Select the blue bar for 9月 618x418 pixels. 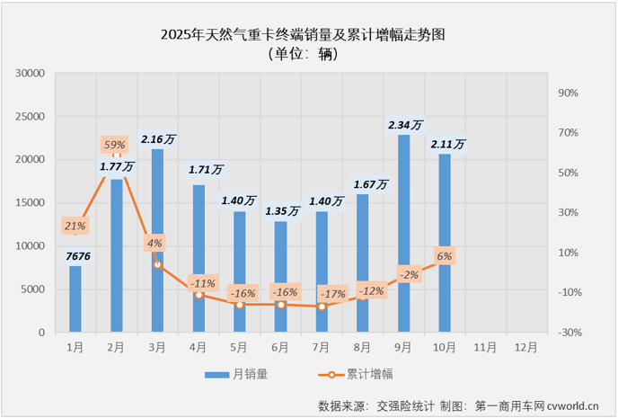[404, 234]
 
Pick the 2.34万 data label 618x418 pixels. [404, 125]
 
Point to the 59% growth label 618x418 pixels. [115, 144]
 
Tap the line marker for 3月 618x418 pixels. [158, 264]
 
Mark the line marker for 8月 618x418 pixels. [363, 298]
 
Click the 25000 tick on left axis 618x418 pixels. [31, 116]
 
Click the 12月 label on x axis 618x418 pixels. [527, 346]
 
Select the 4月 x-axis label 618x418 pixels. [199, 346]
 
